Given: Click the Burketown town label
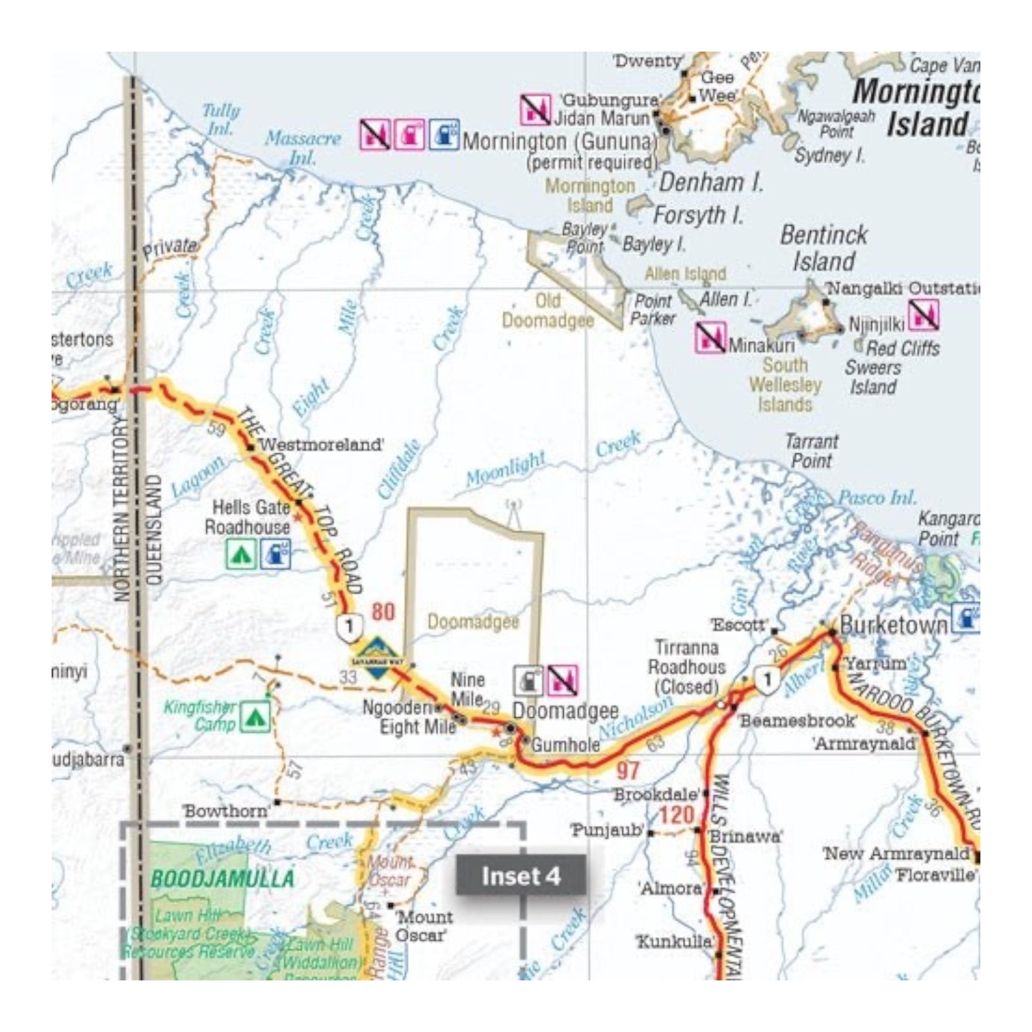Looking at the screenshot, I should click(893, 625).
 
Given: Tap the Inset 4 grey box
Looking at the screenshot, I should click(521, 876).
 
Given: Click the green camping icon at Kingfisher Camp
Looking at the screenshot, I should click(255, 717).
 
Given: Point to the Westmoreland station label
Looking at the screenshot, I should click(321, 444).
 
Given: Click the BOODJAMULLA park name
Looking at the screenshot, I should click(222, 878).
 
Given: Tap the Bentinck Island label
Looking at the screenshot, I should click(824, 248).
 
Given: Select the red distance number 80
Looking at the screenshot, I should click(382, 611).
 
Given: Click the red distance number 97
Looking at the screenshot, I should click(627, 770).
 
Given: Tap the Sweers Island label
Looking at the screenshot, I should click(873, 377).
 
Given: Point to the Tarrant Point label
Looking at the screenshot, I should click(811, 451).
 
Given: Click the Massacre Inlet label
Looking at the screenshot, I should click(303, 147).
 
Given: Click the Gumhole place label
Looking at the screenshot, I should click(566, 745).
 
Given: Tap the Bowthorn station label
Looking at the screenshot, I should click(226, 811).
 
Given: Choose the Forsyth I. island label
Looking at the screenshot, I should click(699, 215).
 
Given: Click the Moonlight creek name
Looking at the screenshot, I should click(506, 470).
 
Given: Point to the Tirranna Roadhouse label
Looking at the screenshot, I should click(686, 667).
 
